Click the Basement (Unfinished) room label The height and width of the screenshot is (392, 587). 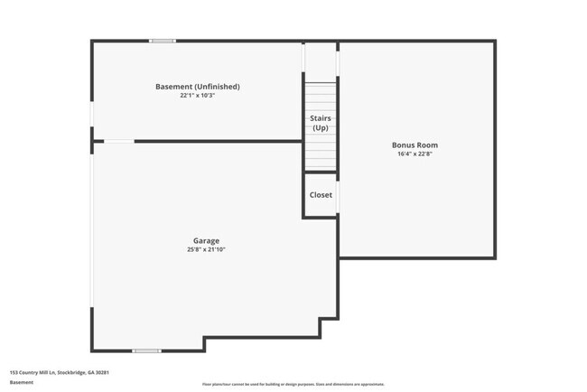(197, 87)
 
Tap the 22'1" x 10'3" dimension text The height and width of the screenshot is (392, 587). (197, 95)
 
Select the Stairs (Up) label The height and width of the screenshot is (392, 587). (320, 123)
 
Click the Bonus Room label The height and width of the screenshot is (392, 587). (415, 145)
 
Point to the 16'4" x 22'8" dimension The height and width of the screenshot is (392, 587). (415, 154)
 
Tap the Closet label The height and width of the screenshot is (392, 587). (321, 195)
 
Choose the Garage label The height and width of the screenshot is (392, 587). (206, 240)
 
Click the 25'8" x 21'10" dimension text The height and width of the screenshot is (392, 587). (206, 249)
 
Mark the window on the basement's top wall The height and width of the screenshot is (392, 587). (163, 41)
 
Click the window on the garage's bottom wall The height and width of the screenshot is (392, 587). (146, 350)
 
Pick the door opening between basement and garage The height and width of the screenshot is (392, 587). (119, 141)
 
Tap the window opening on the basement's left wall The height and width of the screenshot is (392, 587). (91, 113)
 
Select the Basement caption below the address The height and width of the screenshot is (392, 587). (22, 382)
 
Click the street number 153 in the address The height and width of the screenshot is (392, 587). (14, 372)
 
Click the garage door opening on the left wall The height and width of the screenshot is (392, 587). (91, 226)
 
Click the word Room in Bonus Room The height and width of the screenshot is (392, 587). (429, 145)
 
